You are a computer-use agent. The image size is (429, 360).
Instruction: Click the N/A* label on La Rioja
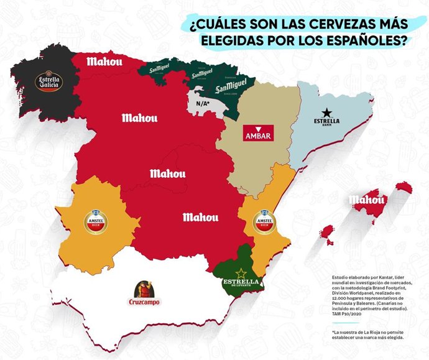tap(201, 103)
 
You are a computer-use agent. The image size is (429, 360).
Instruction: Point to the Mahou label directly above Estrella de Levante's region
tap(200, 217)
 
